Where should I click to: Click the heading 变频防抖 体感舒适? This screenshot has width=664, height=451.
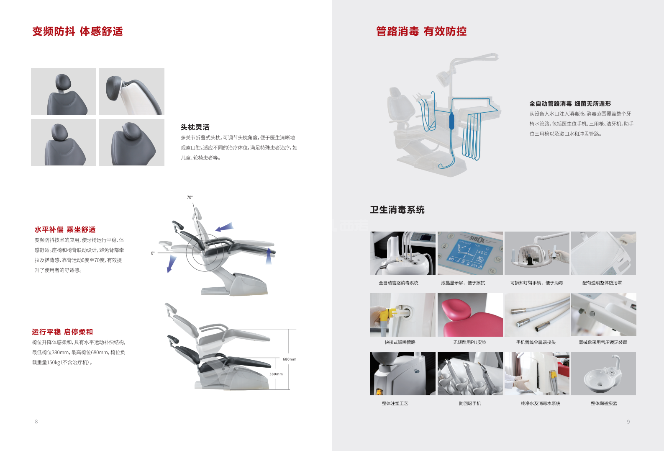point(77,31)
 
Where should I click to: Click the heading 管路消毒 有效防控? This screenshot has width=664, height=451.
point(421,31)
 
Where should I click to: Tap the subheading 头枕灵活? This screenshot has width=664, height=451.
point(195,127)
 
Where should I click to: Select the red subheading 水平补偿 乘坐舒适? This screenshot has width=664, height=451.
point(65,229)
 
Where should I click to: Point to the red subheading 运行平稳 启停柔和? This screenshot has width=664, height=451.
point(62,332)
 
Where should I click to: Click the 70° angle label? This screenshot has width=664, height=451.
point(190,197)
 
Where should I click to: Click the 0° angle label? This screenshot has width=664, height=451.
point(153,253)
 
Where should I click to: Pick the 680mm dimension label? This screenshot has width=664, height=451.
point(289,359)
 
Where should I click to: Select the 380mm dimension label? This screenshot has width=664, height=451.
point(276,374)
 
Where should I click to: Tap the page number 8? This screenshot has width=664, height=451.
point(36,422)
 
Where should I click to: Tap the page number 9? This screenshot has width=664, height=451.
point(628,422)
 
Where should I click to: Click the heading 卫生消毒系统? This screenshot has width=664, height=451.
point(397,210)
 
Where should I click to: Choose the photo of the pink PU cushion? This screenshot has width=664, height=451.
point(470,314)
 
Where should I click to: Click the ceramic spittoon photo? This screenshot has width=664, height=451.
point(603,374)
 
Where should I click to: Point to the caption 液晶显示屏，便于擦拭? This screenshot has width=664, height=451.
point(463,283)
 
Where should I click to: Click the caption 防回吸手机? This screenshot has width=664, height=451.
point(470,404)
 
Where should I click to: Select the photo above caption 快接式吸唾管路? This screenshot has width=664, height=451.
point(403,314)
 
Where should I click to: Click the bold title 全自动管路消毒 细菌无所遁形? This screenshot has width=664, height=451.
point(570,103)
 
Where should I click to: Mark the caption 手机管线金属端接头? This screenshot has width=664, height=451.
point(536,343)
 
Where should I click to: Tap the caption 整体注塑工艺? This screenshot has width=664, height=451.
point(395,404)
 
